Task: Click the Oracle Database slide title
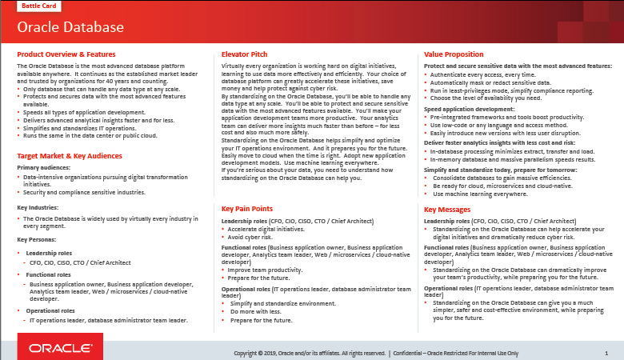70,28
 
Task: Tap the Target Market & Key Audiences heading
70,156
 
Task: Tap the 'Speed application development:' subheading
469,108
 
